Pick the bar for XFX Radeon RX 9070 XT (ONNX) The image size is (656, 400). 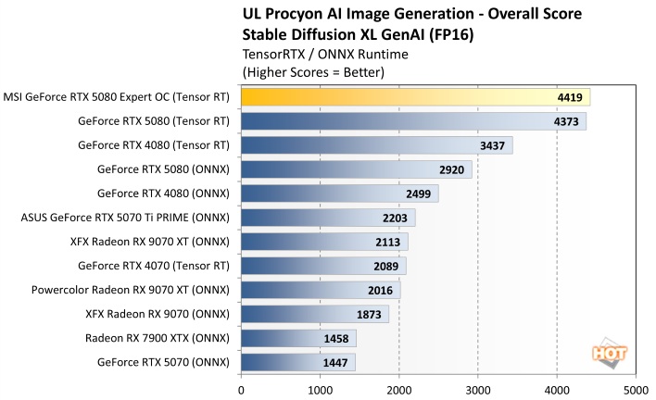pyautogui.click(x=324, y=242)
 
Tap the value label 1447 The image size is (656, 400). pyautogui.click(x=334, y=362)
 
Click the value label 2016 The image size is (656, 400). pyautogui.click(x=380, y=290)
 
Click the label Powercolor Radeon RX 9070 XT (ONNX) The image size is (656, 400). pyautogui.click(x=129, y=290)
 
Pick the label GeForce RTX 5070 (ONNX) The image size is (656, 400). pyautogui.click(x=163, y=362)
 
